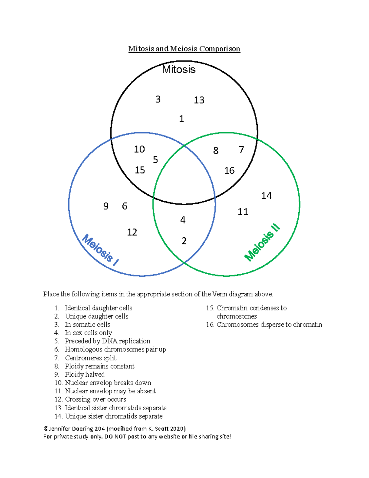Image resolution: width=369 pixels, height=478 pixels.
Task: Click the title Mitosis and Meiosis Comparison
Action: (x=184, y=49)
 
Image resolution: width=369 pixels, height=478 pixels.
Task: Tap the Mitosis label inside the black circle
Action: (x=179, y=70)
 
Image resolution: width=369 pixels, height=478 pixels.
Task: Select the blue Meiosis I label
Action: (x=100, y=250)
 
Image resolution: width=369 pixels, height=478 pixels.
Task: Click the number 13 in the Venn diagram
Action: (x=199, y=100)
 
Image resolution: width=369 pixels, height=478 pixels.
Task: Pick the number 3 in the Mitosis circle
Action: (x=158, y=99)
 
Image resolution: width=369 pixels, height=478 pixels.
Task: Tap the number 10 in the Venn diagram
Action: (x=139, y=149)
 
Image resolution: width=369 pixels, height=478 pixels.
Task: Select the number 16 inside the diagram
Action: (x=229, y=171)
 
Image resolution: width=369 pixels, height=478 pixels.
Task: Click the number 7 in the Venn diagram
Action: (x=241, y=150)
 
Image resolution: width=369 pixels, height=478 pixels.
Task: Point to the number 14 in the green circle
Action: (x=266, y=196)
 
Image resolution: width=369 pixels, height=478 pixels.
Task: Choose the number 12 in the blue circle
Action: (x=132, y=232)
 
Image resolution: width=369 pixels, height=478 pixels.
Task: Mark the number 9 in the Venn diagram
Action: (x=106, y=206)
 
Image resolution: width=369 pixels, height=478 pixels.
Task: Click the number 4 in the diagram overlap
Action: (x=183, y=220)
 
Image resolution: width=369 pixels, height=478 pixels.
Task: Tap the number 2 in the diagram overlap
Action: (x=184, y=241)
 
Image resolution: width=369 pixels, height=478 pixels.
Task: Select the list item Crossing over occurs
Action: (x=95, y=399)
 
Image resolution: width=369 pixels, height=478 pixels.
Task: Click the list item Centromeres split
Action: (x=90, y=358)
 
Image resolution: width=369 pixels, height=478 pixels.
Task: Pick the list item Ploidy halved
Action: (x=85, y=374)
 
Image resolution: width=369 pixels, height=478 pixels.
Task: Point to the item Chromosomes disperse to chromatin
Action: (x=269, y=324)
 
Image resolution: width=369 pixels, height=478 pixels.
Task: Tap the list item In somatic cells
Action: (x=87, y=324)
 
